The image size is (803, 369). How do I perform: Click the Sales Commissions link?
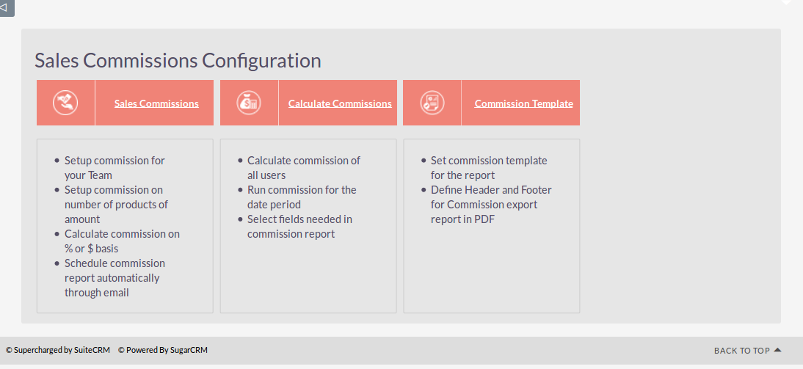point(156,103)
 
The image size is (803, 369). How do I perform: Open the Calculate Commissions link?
point(340,103)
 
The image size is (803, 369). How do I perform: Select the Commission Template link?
point(524,103)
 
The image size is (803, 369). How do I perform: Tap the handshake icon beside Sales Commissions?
point(65,103)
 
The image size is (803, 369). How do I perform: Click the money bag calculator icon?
point(249,103)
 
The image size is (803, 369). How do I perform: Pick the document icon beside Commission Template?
point(432,103)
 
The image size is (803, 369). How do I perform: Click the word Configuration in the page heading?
point(261,60)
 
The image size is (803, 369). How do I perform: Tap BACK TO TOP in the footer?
point(741,351)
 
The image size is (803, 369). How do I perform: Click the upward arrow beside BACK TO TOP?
point(777,350)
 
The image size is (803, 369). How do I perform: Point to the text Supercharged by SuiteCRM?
point(58,351)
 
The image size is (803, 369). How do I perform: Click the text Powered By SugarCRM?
point(163,351)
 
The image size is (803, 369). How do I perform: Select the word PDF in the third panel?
point(487,219)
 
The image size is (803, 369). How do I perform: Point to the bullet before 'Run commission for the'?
point(240,190)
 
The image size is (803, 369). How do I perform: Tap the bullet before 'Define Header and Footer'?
point(424,190)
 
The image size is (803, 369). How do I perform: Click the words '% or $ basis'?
point(91,249)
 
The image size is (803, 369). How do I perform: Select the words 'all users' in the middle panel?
point(266,175)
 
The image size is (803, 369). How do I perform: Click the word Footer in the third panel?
point(536,190)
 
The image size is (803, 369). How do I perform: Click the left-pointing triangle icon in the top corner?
point(4,7)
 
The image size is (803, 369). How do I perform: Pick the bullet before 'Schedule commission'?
point(57,263)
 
